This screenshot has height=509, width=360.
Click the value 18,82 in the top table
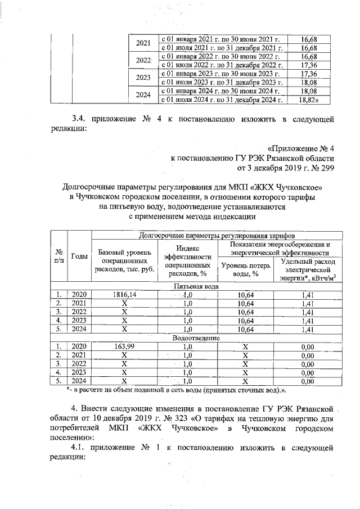pos(307,100)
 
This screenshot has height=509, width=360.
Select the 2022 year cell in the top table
pos(144,60)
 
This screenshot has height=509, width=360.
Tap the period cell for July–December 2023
pos(220,82)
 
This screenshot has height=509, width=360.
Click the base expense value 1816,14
pos(124,294)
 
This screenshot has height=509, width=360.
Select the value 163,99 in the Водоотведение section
pos(124,346)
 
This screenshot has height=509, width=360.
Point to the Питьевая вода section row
pos(196,286)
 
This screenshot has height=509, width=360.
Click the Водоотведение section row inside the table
pos(196,338)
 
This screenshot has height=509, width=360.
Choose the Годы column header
pos(79,256)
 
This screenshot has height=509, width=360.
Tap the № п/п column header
pos(58,256)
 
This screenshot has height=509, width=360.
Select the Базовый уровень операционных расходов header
pos(124,260)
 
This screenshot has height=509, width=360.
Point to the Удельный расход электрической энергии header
pos(307,269)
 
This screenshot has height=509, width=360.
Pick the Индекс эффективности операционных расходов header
pos(188,260)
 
